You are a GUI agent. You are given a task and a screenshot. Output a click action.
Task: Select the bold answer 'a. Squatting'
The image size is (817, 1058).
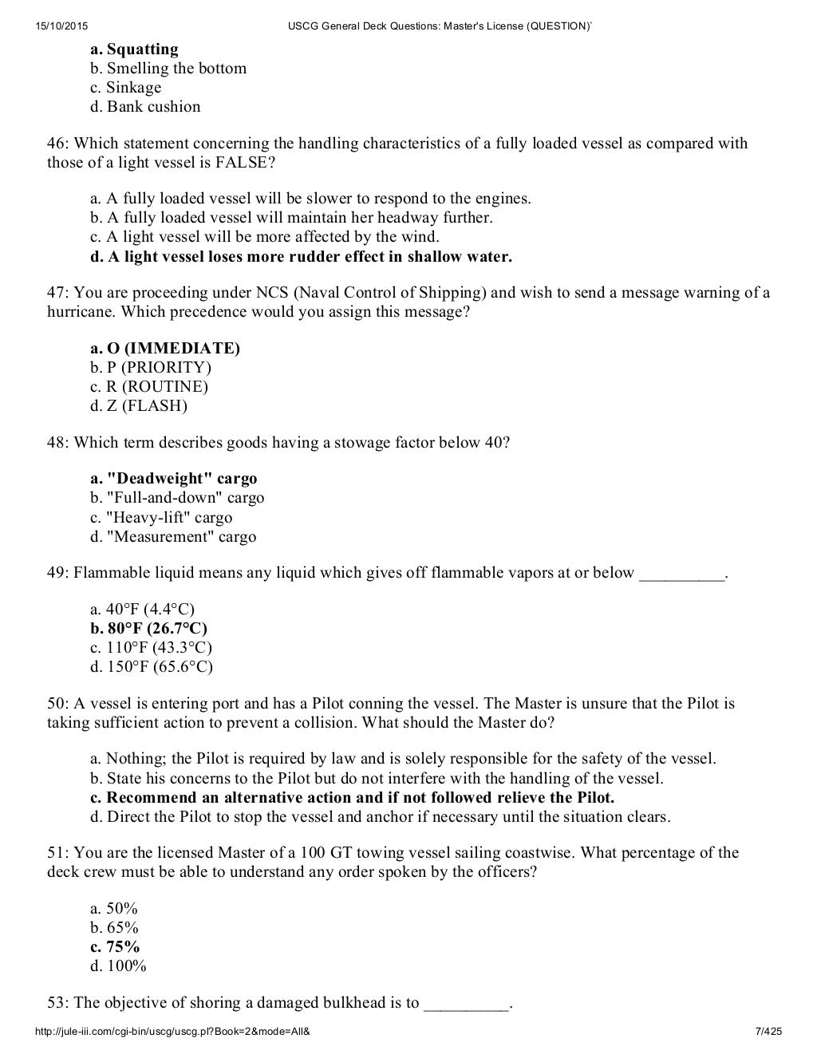pos(134,49)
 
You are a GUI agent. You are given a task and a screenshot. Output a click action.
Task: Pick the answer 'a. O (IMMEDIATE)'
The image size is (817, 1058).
pos(165,349)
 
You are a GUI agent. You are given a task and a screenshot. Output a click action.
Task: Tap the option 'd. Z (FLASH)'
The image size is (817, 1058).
pos(139,406)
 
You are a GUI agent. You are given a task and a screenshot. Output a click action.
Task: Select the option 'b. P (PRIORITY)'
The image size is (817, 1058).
pos(151,368)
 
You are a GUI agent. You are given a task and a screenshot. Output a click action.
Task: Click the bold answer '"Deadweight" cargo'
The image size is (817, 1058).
pos(174,479)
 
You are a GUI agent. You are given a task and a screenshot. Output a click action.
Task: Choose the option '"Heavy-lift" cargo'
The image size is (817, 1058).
pos(161,517)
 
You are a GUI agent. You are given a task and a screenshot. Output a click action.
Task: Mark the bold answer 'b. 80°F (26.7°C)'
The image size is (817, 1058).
pos(149,628)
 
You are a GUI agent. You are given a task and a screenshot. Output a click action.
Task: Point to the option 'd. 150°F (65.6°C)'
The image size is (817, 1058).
pos(152,666)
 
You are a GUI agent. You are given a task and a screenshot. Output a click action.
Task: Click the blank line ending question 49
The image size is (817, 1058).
pos(682,573)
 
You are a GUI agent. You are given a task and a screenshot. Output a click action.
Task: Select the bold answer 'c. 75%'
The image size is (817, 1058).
pos(115,947)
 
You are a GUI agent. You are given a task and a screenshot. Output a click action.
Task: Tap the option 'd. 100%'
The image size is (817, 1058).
pos(118,966)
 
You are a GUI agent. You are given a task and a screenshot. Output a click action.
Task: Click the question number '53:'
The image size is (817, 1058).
pos(58,1003)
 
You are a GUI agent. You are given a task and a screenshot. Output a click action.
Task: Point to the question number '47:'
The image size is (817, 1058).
pos(58,293)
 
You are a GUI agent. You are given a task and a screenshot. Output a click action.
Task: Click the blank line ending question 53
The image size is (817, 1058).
pos(466,1003)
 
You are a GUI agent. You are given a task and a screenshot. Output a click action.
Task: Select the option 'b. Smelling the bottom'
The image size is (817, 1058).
pos(168,69)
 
